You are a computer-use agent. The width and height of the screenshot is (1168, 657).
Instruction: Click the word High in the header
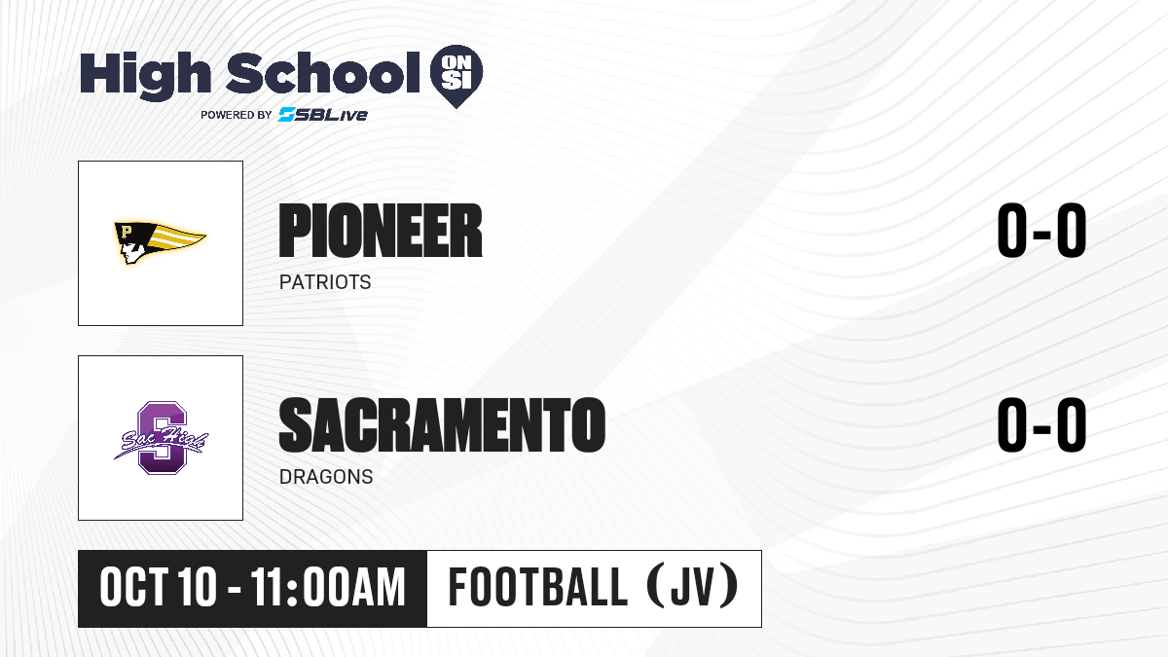point(145,75)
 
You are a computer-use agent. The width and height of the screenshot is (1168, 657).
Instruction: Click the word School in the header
point(323,73)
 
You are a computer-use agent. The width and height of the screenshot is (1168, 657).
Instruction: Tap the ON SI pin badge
point(456,76)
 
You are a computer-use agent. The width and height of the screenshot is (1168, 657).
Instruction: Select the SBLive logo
point(323,114)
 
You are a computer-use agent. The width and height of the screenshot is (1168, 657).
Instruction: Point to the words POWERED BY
point(237,115)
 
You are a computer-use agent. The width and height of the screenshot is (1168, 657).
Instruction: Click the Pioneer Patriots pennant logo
point(160,242)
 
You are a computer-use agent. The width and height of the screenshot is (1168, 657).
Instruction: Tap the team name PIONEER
point(381,231)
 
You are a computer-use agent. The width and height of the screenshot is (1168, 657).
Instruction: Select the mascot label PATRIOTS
point(325,282)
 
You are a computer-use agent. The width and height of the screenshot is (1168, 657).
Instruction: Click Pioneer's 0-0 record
point(1041,231)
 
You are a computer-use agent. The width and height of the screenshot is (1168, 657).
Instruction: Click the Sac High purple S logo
point(161,437)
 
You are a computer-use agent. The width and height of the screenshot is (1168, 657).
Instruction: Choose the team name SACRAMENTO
point(442,425)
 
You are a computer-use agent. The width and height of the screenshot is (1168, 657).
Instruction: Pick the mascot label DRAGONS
point(326,477)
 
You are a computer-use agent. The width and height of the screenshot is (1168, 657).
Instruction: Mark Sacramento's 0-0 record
point(1041,425)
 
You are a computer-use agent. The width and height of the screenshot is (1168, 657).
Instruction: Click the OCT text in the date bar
point(134,587)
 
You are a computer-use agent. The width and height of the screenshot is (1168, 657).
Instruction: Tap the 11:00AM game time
point(328,587)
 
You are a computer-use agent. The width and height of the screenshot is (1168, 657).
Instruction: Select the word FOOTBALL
point(537,587)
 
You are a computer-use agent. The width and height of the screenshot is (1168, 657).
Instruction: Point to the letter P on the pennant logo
point(126,231)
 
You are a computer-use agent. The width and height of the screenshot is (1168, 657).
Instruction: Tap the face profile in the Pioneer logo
point(130,250)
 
